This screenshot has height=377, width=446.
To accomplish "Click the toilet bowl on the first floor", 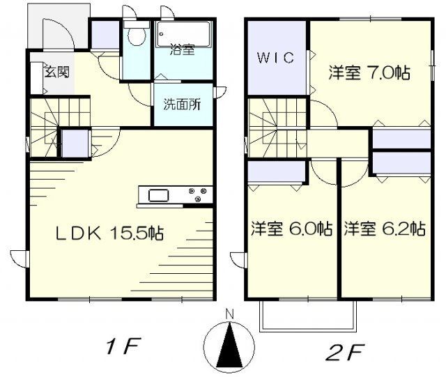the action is [x=137, y=36].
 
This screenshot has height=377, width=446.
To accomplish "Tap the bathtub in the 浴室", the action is [x=184, y=34].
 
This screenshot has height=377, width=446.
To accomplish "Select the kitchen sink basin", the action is [x=158, y=196].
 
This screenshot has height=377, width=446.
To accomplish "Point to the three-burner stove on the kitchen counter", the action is [x=197, y=194].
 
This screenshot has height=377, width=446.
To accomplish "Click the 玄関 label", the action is [x=56, y=71].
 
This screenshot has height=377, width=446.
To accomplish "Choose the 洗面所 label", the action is [x=183, y=105].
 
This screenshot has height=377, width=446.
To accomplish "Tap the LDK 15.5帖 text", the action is [x=109, y=233].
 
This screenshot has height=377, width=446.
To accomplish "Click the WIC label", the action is [x=275, y=57].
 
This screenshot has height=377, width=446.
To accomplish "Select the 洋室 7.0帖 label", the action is [x=369, y=73].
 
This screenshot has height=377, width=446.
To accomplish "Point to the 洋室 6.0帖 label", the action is [x=291, y=229].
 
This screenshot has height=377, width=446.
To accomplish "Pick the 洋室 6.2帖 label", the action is [x=385, y=229].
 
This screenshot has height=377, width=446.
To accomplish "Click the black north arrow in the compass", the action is [x=229, y=345].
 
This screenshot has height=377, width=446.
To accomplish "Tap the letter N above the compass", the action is [x=229, y=314].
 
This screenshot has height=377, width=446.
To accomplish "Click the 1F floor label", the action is [x=123, y=346].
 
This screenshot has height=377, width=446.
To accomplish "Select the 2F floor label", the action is [x=345, y=352].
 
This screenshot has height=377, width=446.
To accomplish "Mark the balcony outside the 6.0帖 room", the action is [x=308, y=316].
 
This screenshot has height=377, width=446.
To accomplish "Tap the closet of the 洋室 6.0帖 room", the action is [x=276, y=171].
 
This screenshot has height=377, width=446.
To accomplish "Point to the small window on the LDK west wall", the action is [x=20, y=259].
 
